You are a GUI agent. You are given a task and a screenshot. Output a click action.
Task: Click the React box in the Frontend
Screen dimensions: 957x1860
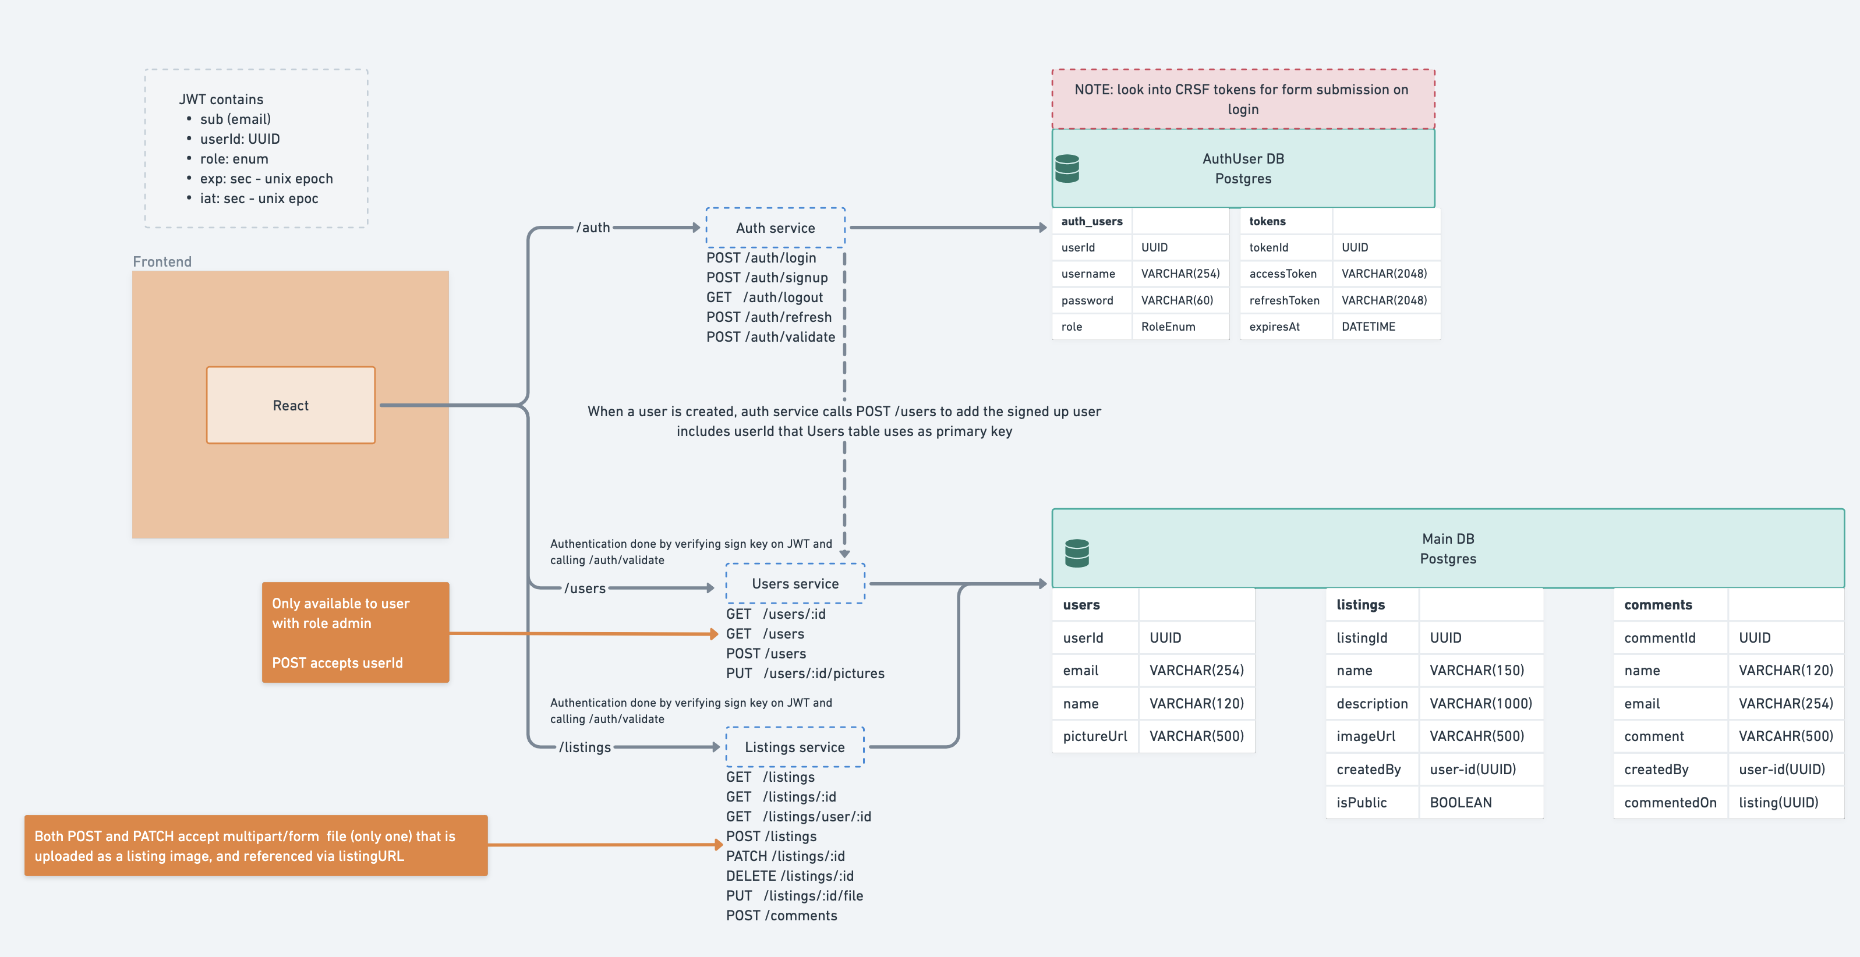pos(290,405)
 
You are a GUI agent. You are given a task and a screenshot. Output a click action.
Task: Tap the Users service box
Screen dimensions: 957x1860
pos(794,583)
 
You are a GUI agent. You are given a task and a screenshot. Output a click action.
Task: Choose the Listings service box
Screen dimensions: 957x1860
pos(794,747)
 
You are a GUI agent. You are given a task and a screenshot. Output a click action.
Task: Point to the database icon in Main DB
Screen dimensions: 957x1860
pos(1077,553)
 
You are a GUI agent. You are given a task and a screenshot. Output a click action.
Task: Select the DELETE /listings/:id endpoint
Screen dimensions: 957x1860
pos(789,876)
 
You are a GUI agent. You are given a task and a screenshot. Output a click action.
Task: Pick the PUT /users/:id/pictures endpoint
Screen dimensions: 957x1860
pos(804,673)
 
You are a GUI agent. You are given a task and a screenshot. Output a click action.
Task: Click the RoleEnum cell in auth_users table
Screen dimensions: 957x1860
pos(1168,326)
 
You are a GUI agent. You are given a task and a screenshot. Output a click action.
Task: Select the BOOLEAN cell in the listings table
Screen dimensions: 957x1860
pos(1460,802)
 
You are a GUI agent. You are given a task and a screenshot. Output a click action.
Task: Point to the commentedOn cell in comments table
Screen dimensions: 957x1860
pos(1670,802)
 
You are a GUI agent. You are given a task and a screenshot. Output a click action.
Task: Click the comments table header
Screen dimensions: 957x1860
pos(1657,605)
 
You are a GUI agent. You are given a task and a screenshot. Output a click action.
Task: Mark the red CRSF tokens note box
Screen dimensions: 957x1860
pos(1242,99)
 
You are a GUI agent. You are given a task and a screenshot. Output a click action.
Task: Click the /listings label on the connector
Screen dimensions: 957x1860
pos(584,747)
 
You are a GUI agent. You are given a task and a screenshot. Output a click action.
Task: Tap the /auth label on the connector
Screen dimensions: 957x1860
pos(593,228)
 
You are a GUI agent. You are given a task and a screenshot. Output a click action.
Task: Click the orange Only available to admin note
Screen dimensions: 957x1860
pos(355,632)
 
